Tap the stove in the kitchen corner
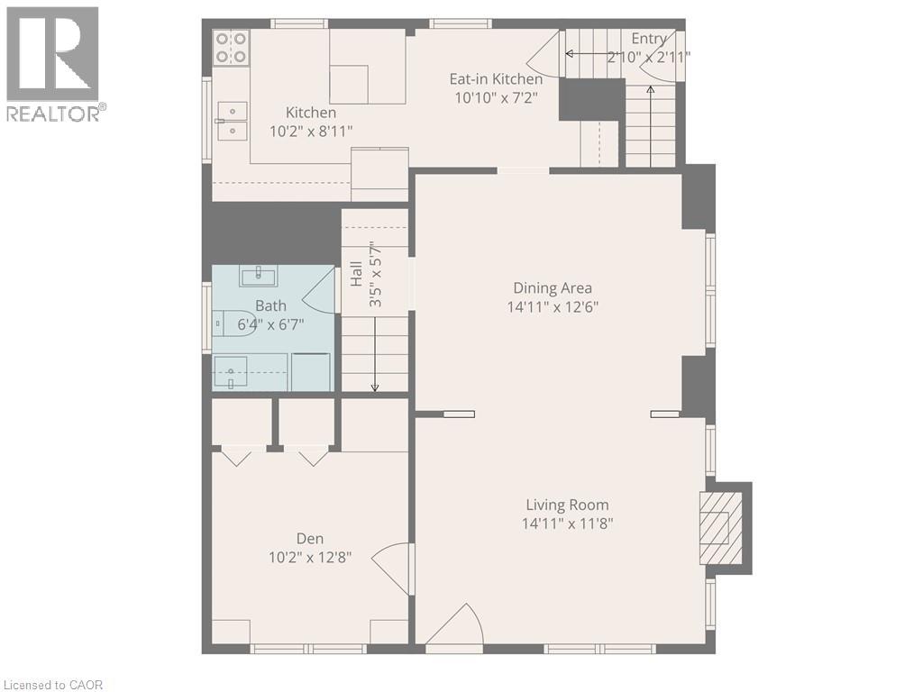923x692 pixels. coord(231,47)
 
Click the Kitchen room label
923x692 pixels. coord(311,113)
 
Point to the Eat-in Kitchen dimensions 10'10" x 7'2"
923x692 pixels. coord(496,97)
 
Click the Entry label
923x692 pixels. coord(649,39)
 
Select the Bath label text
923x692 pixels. coord(270,306)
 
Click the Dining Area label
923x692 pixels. coord(553,288)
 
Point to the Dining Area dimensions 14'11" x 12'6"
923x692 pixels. coord(553,306)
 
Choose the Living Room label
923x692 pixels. coord(567,505)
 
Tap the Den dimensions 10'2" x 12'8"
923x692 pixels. coord(310,557)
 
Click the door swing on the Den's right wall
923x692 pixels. coord(394,568)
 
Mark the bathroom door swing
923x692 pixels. coord(319,292)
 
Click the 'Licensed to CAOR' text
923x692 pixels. coord(52,685)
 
